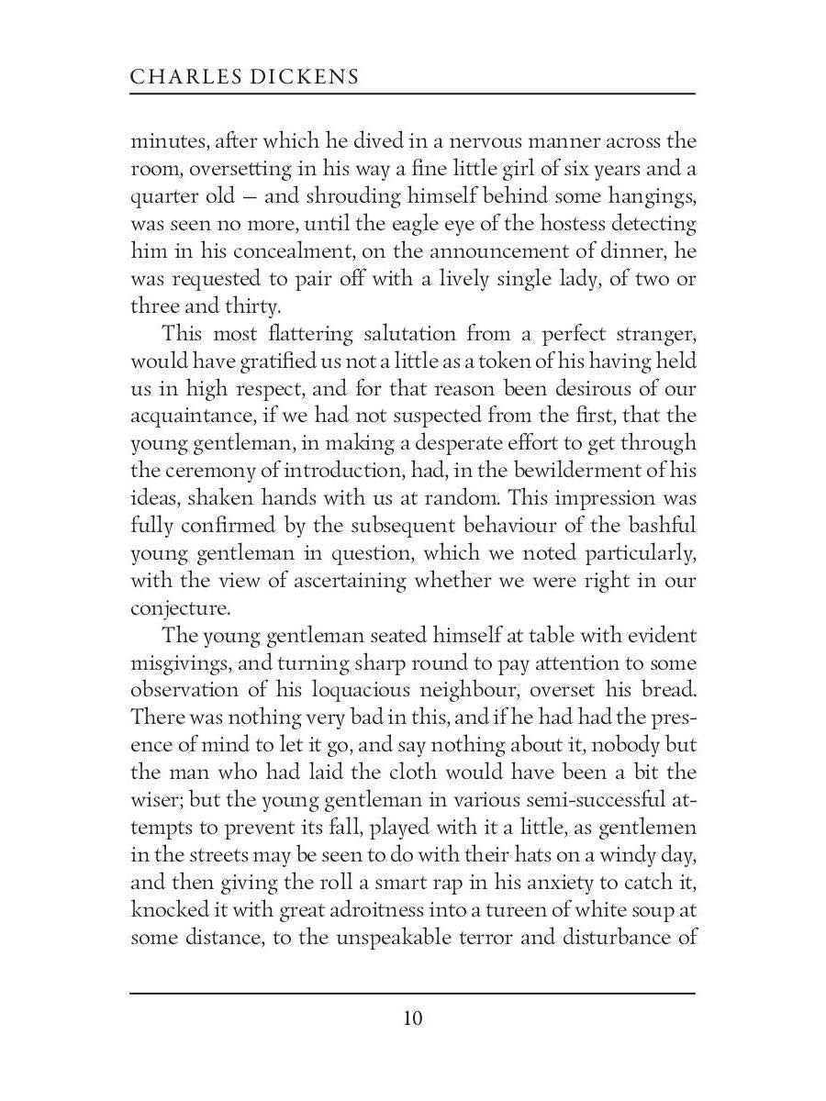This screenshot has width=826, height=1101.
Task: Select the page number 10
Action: tap(412, 1018)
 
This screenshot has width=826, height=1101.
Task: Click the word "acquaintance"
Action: tap(190, 417)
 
